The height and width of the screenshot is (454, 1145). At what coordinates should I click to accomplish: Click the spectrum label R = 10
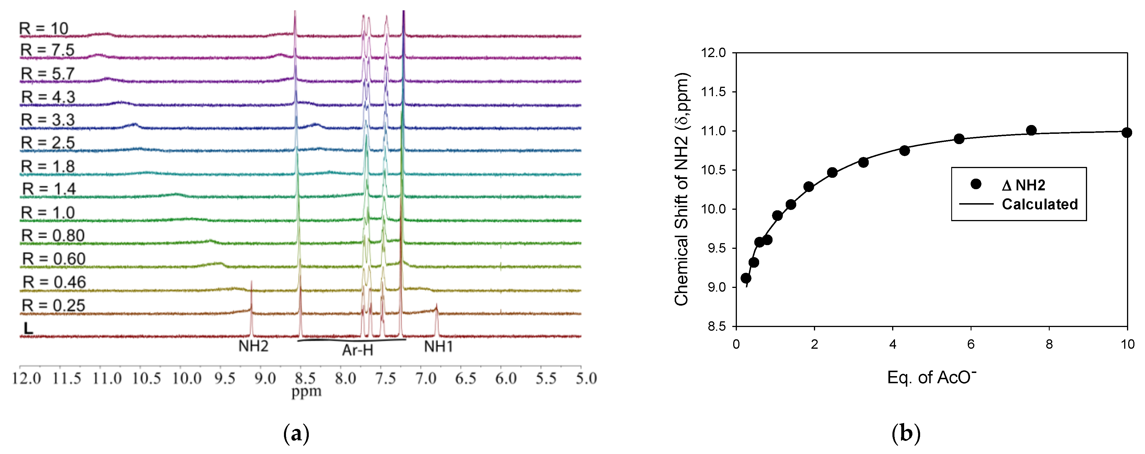[x=44, y=29]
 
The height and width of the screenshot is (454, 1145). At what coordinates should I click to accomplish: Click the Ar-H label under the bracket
[x=357, y=350]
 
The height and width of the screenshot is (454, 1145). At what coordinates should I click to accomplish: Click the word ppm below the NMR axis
[x=306, y=392]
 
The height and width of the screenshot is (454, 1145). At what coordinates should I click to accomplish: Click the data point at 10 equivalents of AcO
[x=1126, y=132]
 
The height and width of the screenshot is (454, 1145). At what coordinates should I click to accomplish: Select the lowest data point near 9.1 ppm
[x=746, y=278]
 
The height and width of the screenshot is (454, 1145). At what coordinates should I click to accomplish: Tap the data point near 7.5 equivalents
[x=1031, y=130]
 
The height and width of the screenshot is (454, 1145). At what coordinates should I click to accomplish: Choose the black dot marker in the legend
[x=976, y=184]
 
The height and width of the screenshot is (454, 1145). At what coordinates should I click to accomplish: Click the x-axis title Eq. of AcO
[x=931, y=377]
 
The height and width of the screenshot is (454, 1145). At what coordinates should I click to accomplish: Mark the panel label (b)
[x=906, y=433]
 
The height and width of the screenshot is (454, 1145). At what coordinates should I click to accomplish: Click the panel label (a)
[x=296, y=433]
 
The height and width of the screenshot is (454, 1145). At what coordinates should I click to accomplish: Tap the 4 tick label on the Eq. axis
[x=892, y=344]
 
